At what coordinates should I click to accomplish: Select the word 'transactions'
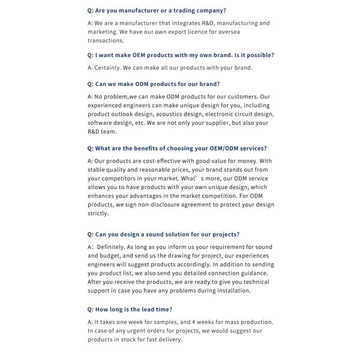tap(106, 41)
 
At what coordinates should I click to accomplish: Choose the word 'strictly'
tap(98, 214)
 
